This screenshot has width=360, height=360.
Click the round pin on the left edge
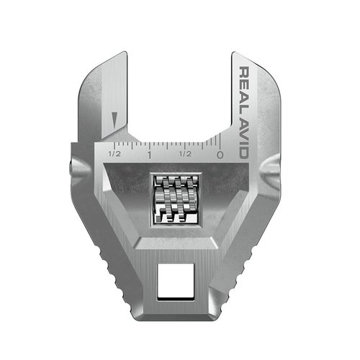click(x=70, y=168)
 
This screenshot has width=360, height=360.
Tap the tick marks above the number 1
click(x=148, y=144)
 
